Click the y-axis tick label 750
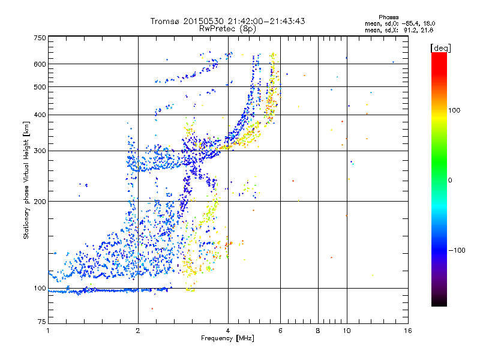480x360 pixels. coord(40,37)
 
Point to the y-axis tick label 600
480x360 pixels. coord(40,64)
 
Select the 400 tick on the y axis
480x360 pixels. coord(40,115)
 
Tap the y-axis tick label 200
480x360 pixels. coord(40,202)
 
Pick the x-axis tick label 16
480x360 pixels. coord(407,331)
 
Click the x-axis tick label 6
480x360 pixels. coord(281,331)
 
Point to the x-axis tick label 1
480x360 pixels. coord(48,331)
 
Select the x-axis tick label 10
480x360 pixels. coord(346,331)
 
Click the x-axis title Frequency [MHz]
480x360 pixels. coord(228,339)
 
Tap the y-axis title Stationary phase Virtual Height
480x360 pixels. coord(26,180)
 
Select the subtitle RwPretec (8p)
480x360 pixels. coord(228,28)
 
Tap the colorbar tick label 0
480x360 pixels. coord(451,180)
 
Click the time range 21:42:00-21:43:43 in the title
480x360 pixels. coord(263,21)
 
